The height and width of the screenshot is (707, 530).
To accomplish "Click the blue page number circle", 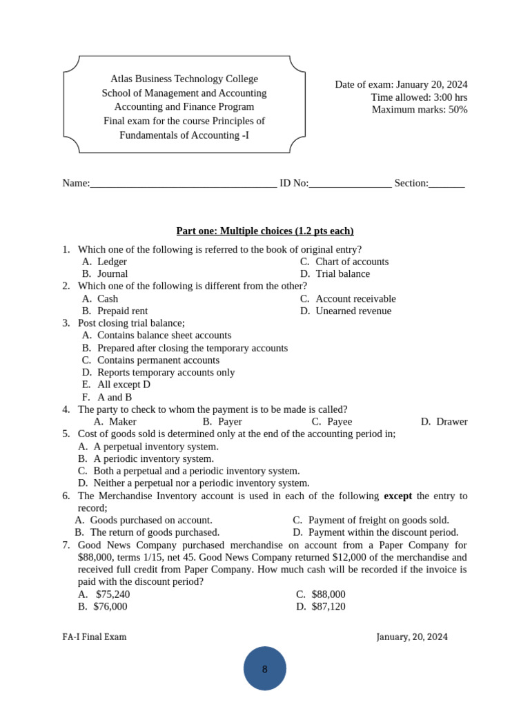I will (x=265, y=668).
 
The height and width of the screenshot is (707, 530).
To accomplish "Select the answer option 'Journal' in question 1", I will (x=112, y=273).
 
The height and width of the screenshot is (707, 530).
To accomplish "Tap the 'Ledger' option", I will (x=112, y=262).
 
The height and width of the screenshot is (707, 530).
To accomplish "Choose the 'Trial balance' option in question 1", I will (x=342, y=273).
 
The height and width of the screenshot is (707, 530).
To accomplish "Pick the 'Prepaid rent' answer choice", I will (x=122, y=311).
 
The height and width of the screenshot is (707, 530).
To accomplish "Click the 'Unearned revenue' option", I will (x=353, y=311).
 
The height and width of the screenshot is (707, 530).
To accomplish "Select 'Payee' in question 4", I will (x=339, y=421).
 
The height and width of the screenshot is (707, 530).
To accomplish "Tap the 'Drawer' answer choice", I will (x=451, y=421).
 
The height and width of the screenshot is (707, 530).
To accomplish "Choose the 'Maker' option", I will (x=122, y=421).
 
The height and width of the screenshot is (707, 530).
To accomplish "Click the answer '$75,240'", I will (x=112, y=594).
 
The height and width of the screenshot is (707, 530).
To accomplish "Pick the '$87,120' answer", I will (x=328, y=606).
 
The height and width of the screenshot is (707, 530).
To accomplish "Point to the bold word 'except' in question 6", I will (x=397, y=496).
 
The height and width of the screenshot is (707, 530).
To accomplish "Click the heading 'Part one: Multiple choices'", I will (x=265, y=231).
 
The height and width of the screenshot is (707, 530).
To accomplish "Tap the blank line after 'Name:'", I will (x=184, y=184).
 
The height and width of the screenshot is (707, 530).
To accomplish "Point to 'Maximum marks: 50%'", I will (x=420, y=109).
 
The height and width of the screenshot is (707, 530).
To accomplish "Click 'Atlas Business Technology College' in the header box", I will (x=184, y=79).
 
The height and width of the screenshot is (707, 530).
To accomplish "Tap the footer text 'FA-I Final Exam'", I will (x=95, y=637).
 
